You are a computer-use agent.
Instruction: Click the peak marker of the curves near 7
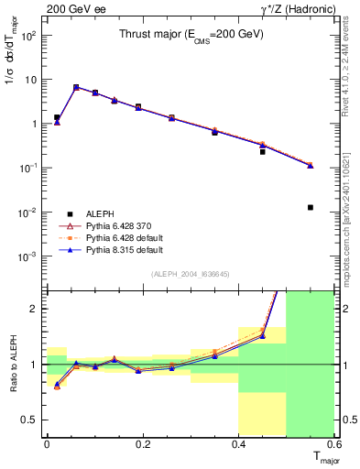[x=76, y=87]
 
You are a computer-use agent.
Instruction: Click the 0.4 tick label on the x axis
[x=239, y=444]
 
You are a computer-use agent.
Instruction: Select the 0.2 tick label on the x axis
[x=142, y=444]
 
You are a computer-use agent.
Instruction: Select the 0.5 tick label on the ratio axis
[x=30, y=420]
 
